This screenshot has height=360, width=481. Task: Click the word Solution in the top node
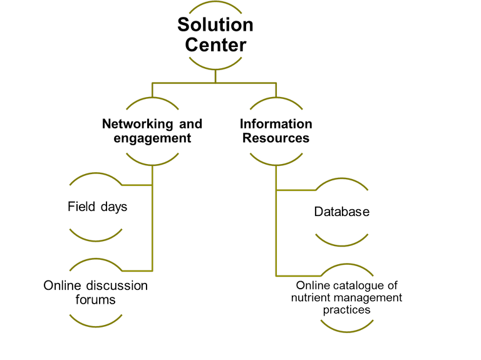[x=215, y=25]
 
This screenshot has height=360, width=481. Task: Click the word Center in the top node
[x=215, y=45]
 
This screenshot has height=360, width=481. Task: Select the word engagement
[x=152, y=138]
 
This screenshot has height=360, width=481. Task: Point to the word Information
[x=276, y=124]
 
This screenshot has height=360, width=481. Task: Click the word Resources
[x=276, y=138]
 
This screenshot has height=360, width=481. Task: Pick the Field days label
[x=97, y=206]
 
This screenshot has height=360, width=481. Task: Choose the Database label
[x=341, y=212]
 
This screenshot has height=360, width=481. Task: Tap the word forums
[x=95, y=300]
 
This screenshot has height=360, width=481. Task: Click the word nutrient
[x=311, y=297]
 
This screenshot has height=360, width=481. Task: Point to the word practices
[x=346, y=310]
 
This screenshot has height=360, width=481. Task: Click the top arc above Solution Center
[x=215, y=3]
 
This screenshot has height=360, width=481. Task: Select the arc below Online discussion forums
[x=95, y=324]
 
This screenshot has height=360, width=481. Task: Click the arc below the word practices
[x=346, y=328]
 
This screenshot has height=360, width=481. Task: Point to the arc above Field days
[x=95, y=176]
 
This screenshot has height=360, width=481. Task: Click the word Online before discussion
[x=62, y=285]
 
